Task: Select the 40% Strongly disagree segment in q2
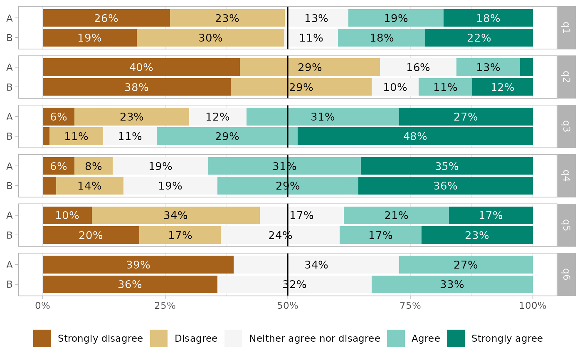pyautogui.click(x=141, y=67)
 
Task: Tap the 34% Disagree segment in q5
pyautogui.click(x=175, y=215)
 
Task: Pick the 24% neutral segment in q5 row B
pyautogui.click(x=280, y=235)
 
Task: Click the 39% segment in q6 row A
pyautogui.click(x=138, y=265)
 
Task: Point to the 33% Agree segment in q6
pyautogui.click(x=452, y=284)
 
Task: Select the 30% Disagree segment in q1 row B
pyautogui.click(x=210, y=38)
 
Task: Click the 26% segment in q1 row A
pyautogui.click(x=106, y=18)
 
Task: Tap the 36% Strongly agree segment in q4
pyautogui.click(x=445, y=186)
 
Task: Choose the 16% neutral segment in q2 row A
pyautogui.click(x=418, y=67)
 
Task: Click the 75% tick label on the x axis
pyautogui.click(x=410, y=306)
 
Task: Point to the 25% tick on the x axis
pyautogui.click(x=165, y=306)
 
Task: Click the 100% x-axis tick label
pyautogui.click(x=533, y=306)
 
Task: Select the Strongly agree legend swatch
pyautogui.click(x=456, y=338)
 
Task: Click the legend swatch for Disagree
pyautogui.click(x=159, y=338)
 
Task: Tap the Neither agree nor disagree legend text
pyautogui.click(x=314, y=338)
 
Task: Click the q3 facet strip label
pyautogui.click(x=566, y=126)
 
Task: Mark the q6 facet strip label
pyautogui.click(x=566, y=274)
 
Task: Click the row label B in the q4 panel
pyautogui.click(x=10, y=186)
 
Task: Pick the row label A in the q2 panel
pyautogui.click(x=10, y=67)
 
